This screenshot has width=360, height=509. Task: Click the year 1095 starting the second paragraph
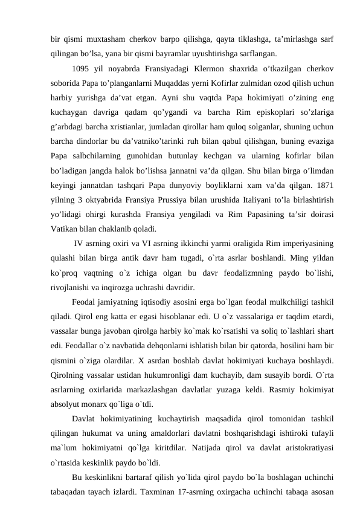(x=82, y=68)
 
